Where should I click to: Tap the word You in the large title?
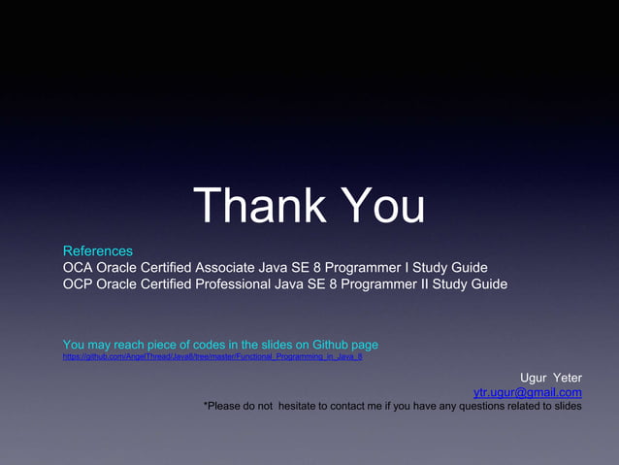coord(382,206)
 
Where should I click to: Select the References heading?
coord(98,251)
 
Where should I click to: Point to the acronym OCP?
coord(80,284)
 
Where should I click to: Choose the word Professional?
coord(237,284)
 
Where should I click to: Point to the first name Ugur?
coord(535,378)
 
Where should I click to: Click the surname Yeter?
coord(568,378)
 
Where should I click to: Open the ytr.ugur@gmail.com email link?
coord(527,392)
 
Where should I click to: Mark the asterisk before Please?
coord(206,404)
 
